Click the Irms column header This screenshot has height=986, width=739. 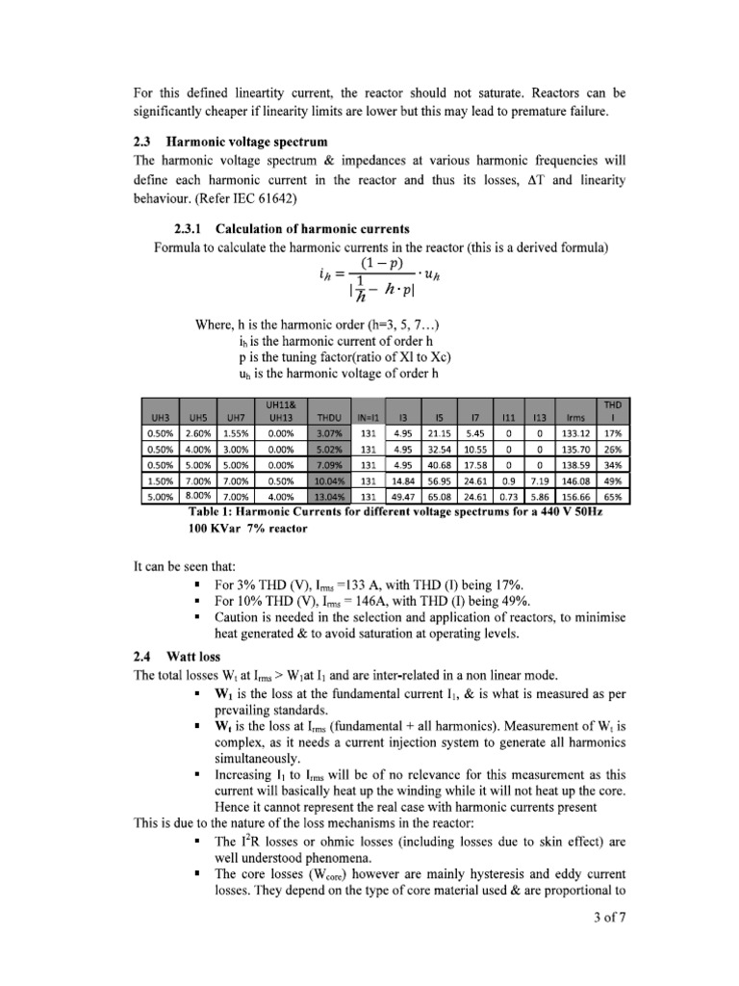point(576,418)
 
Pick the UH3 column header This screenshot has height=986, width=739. point(157,418)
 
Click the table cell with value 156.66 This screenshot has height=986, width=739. point(576,497)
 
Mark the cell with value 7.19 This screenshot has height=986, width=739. point(541,480)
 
